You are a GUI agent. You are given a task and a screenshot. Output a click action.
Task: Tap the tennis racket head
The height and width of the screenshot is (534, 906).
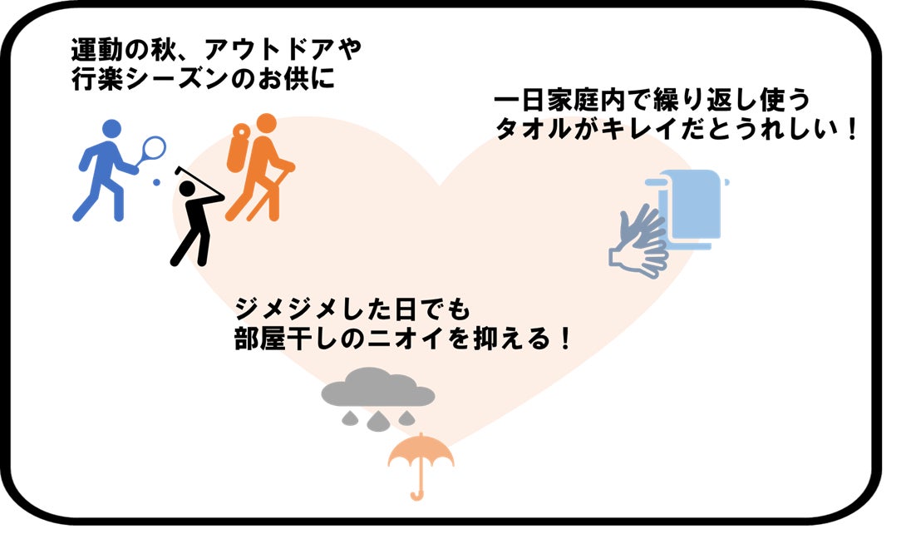point(153,148)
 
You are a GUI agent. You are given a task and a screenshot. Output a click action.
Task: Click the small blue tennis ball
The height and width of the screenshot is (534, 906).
point(156,182)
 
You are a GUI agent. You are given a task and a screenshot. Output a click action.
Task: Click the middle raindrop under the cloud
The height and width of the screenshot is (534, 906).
point(378,422)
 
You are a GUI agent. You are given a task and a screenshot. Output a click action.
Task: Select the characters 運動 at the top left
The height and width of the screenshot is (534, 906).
point(96,50)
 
